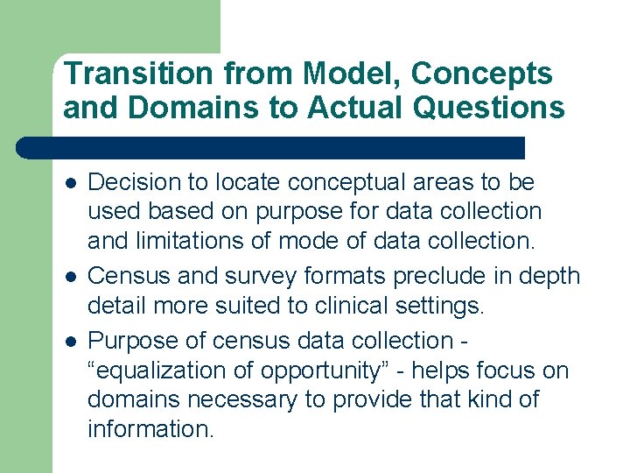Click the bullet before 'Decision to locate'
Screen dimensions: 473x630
(70, 183)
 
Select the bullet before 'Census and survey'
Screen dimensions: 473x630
(70, 277)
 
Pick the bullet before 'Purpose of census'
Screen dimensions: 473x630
(70, 340)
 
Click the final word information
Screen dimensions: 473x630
(150, 429)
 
